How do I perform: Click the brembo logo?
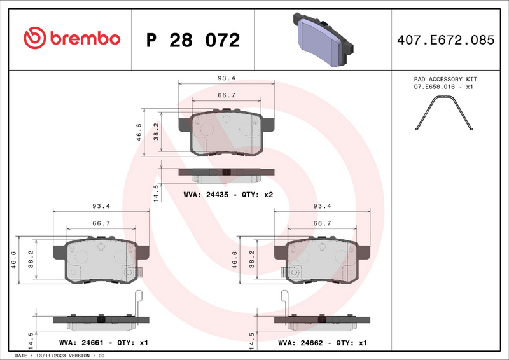coord(71,38)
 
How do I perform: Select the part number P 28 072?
coord(193,39)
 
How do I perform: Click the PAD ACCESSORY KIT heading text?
coord(445,80)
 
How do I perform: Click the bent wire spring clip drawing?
coord(445,114)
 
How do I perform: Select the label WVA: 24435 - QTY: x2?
coord(228,195)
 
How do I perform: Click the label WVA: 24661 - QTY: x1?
coord(103,343)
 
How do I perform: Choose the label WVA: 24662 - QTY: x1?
coord(323,343)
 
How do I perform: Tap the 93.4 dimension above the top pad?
coord(227,78)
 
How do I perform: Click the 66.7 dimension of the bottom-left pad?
coord(102,223)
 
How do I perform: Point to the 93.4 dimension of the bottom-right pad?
coord(323,206)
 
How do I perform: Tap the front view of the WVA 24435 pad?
coord(227,132)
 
